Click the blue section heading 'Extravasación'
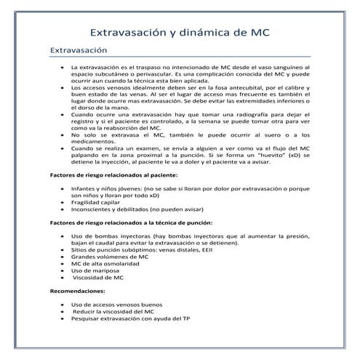[x=78, y=51]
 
